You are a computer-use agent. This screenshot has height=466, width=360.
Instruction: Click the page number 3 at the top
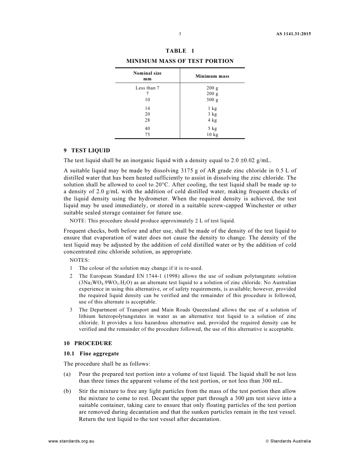(x=180, y=34)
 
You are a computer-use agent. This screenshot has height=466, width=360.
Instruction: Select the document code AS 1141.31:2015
(x=293, y=34)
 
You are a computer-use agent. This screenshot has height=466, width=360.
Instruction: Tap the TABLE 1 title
(x=180, y=51)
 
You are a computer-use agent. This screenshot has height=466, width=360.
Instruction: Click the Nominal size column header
(x=147, y=76)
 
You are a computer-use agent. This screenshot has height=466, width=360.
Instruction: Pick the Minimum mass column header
(x=212, y=76)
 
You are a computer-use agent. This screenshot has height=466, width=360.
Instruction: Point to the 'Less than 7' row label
(x=147, y=88)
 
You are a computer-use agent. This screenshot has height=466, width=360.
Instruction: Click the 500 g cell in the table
(x=212, y=100)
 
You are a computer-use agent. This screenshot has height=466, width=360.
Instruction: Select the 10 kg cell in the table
(x=212, y=134)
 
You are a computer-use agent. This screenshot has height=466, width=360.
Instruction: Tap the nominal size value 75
(x=147, y=134)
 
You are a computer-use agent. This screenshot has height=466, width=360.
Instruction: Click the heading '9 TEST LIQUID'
(x=87, y=150)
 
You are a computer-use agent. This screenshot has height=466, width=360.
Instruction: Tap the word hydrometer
(x=159, y=199)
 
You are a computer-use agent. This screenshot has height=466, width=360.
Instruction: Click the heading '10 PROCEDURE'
(x=88, y=343)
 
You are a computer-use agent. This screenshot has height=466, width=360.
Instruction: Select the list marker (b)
(x=67, y=391)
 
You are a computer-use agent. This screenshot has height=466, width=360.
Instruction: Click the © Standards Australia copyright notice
(x=288, y=441)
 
